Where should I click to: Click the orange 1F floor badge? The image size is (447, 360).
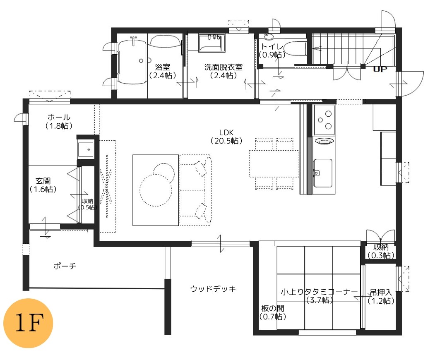29,323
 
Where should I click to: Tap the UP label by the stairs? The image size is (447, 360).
380,69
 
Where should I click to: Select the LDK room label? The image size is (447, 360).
226,132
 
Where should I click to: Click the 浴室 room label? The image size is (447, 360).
163,67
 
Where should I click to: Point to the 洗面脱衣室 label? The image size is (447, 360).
223,67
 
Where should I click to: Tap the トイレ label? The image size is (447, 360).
272,47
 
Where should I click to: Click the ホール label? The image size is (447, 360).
59,117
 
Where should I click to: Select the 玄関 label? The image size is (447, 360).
43,181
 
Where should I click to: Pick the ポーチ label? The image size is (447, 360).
65,266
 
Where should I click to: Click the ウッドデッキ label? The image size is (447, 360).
213,289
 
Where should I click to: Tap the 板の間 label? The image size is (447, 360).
273,308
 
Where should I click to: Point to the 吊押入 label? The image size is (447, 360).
381,293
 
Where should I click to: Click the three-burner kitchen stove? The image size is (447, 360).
324,120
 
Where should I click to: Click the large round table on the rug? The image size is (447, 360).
156,190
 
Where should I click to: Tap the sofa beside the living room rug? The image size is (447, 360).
195,190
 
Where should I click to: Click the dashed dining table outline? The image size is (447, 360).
274,163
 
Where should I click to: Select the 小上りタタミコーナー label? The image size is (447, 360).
319,292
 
